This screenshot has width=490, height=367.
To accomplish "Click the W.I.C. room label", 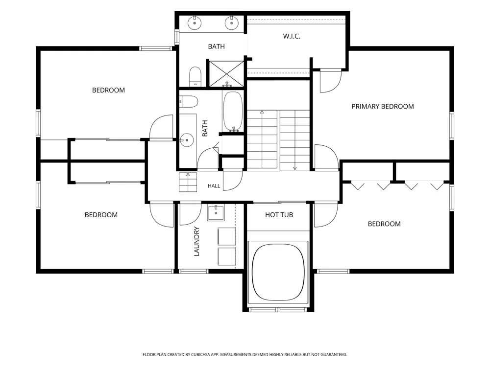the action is click(x=292, y=36).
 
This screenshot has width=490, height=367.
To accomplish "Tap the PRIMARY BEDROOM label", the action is click(x=383, y=106).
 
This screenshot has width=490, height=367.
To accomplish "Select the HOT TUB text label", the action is click(x=279, y=215).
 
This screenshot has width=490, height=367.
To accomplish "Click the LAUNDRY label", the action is click(x=196, y=241).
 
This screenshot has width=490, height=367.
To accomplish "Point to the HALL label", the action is click(x=214, y=186).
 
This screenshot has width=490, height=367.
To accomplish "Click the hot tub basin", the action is click(x=278, y=272).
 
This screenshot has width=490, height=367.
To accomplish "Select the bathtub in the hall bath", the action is click(x=233, y=112).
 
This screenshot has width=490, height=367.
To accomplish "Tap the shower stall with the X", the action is click(x=226, y=74).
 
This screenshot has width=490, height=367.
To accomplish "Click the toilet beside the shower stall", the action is click(x=196, y=76).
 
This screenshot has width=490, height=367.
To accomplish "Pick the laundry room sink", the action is click(x=216, y=213).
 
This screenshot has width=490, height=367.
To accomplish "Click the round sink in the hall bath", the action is click(x=187, y=140).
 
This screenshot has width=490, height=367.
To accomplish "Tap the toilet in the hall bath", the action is click(x=189, y=102).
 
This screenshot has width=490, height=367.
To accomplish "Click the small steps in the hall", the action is click(x=188, y=182).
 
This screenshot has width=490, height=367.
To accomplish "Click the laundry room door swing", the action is click(x=191, y=214).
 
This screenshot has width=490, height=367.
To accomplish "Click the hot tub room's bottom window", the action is click(x=277, y=310).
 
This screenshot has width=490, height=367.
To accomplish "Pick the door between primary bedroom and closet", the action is click(x=330, y=81).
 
